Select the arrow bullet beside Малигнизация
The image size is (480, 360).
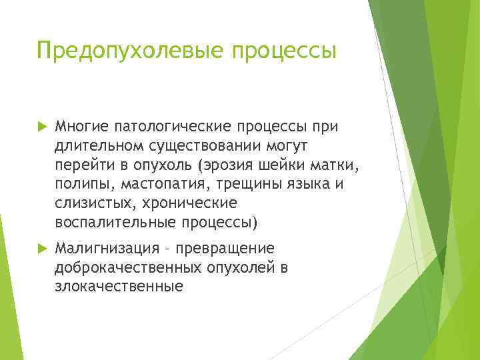coord(42,249)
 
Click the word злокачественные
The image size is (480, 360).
coord(119,287)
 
